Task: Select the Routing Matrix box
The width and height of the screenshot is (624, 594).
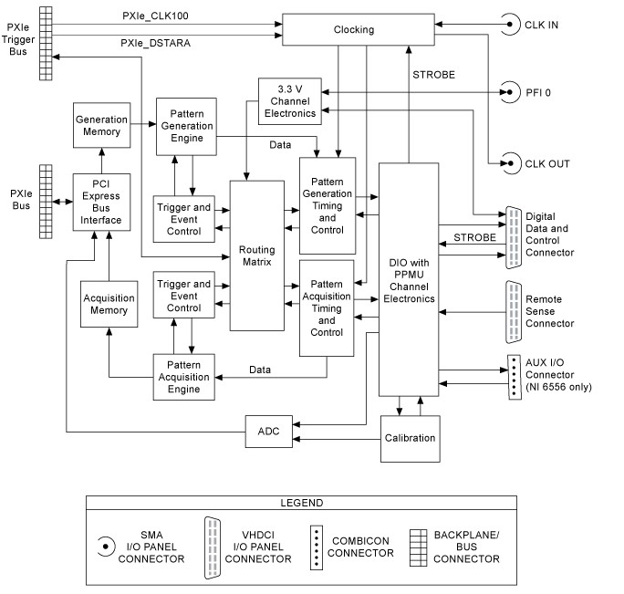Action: coord(256,255)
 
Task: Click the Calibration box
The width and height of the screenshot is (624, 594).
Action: coord(410,437)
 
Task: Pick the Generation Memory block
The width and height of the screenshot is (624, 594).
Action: coord(101,126)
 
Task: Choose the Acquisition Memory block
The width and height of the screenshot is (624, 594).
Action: coord(109,304)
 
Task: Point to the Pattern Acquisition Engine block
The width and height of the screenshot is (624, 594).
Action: coord(183,375)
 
